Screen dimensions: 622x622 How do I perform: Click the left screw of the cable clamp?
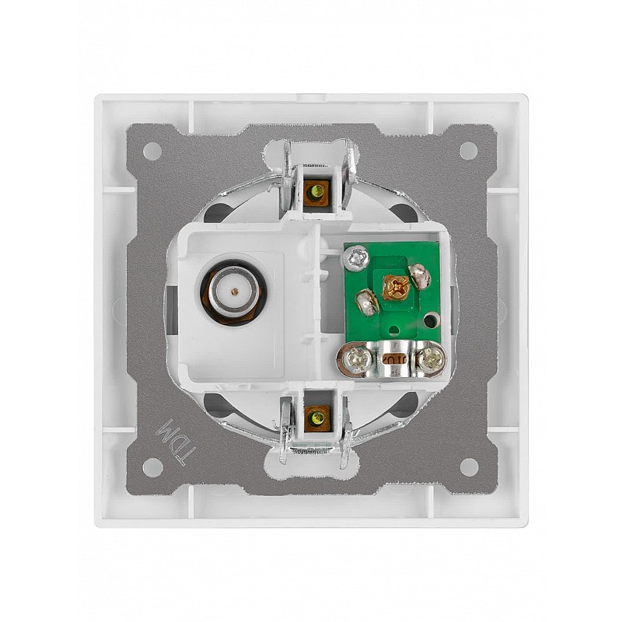tap(356, 361)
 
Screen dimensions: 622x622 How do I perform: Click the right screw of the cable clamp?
tap(431, 361)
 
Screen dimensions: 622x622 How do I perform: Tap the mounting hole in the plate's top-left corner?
tap(152, 151)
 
